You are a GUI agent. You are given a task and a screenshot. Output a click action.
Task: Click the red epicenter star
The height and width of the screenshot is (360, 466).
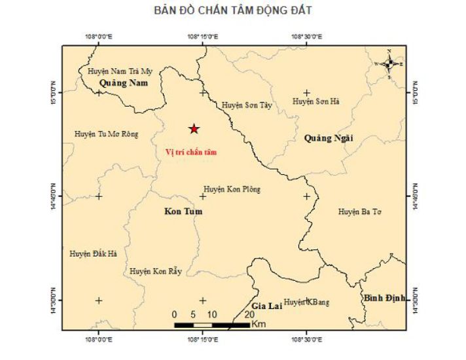tap(194, 129)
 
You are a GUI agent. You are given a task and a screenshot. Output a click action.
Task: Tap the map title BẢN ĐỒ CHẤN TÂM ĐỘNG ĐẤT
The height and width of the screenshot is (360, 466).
tap(233, 11)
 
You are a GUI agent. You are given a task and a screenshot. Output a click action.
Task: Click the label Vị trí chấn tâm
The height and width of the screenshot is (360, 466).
tap(190, 153)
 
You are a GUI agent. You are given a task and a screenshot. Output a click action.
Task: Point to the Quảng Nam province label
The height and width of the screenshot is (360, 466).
tap(124, 84)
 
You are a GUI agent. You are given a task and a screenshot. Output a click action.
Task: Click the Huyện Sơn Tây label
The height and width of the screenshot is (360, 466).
tap(246, 105)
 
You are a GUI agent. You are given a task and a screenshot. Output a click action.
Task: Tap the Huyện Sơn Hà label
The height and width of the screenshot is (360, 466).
tap(316, 101)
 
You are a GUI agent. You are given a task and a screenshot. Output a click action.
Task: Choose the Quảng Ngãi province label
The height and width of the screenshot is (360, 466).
tap(328, 138)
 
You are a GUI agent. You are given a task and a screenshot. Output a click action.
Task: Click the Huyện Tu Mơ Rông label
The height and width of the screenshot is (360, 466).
tap(107, 134)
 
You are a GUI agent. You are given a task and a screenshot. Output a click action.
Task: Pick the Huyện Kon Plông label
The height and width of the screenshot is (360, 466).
tap(232, 189)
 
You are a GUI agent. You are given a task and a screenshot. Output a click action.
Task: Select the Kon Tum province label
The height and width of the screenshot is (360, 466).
tap(183, 211)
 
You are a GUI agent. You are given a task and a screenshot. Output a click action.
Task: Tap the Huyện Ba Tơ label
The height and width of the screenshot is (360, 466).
tap(359, 211)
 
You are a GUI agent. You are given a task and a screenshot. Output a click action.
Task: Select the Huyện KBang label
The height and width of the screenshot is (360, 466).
tap(306, 302)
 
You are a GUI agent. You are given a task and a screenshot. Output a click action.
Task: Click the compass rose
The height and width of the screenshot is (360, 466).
tap(389, 63)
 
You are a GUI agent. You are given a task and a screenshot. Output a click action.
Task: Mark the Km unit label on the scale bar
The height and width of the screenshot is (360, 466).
tap(258, 325)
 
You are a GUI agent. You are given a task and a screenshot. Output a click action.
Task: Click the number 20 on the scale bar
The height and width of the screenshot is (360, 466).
tap(249, 315)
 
